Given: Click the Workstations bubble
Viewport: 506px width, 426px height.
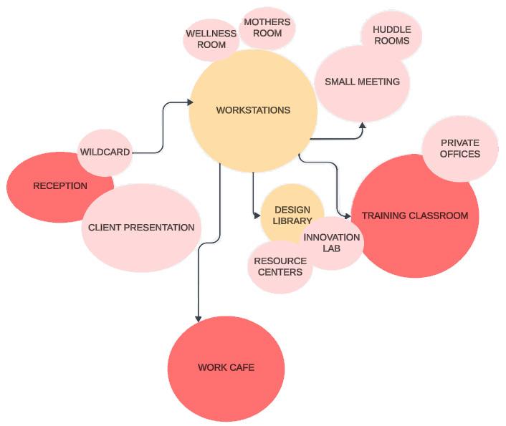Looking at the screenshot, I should click(x=252, y=110).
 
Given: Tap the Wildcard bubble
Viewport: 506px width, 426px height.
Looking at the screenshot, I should click(x=105, y=152).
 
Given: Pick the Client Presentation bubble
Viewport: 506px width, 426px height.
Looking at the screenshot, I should click(x=141, y=228).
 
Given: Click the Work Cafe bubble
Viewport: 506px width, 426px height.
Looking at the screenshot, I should click(x=226, y=368).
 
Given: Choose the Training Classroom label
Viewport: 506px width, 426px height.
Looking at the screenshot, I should click(x=414, y=216).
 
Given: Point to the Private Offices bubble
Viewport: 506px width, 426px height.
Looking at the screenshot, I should click(x=460, y=148).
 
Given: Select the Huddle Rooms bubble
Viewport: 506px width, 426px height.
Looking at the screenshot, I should click(x=391, y=35).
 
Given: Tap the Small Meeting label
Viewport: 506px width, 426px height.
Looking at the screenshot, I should click(x=362, y=82).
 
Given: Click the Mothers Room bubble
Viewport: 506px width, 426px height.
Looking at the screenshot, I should click(x=267, y=28).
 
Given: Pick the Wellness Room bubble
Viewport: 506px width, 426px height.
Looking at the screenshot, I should click(x=211, y=39).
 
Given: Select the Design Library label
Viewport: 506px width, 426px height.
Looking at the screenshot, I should click(x=292, y=215).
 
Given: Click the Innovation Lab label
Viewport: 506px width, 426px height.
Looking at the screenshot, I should click(x=331, y=243).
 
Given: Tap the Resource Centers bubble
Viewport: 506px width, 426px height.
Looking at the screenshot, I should click(x=280, y=266).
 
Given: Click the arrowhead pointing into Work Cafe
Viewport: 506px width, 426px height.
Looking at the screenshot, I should click(x=198, y=318).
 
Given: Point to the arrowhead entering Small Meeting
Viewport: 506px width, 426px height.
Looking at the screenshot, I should click(x=362, y=125).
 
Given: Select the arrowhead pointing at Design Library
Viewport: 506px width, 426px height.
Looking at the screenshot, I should click(x=257, y=215).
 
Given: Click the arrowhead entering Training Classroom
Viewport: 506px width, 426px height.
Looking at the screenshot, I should click(x=347, y=215).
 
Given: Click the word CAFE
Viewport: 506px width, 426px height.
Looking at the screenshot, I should click(x=242, y=368).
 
